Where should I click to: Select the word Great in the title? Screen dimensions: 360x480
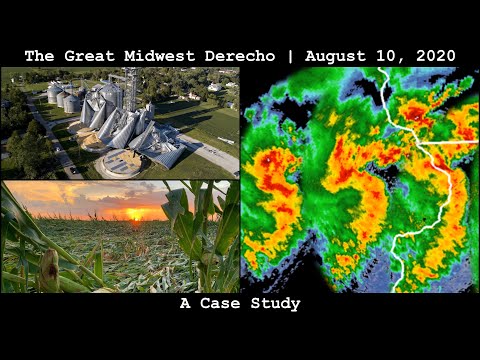click(x=101, y=55)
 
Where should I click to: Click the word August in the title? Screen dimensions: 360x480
click(x=330, y=55)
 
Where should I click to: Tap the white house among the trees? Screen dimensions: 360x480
click(x=214, y=87)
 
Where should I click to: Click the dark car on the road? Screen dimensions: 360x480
click(x=74, y=169)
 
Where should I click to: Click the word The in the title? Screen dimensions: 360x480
click(x=39, y=55)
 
